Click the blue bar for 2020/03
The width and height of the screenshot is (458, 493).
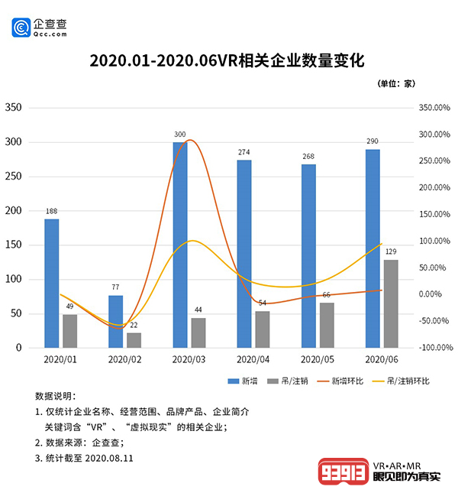[x=180, y=245]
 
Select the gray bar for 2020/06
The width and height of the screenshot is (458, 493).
[x=391, y=303]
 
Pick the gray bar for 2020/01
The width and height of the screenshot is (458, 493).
[x=69, y=331]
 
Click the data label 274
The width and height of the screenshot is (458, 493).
[x=244, y=153]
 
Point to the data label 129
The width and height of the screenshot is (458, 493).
[x=391, y=252]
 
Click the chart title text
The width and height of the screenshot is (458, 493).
[x=228, y=60]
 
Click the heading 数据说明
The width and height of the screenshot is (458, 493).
[x=56, y=396]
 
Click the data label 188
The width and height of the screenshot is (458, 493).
[x=51, y=212]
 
